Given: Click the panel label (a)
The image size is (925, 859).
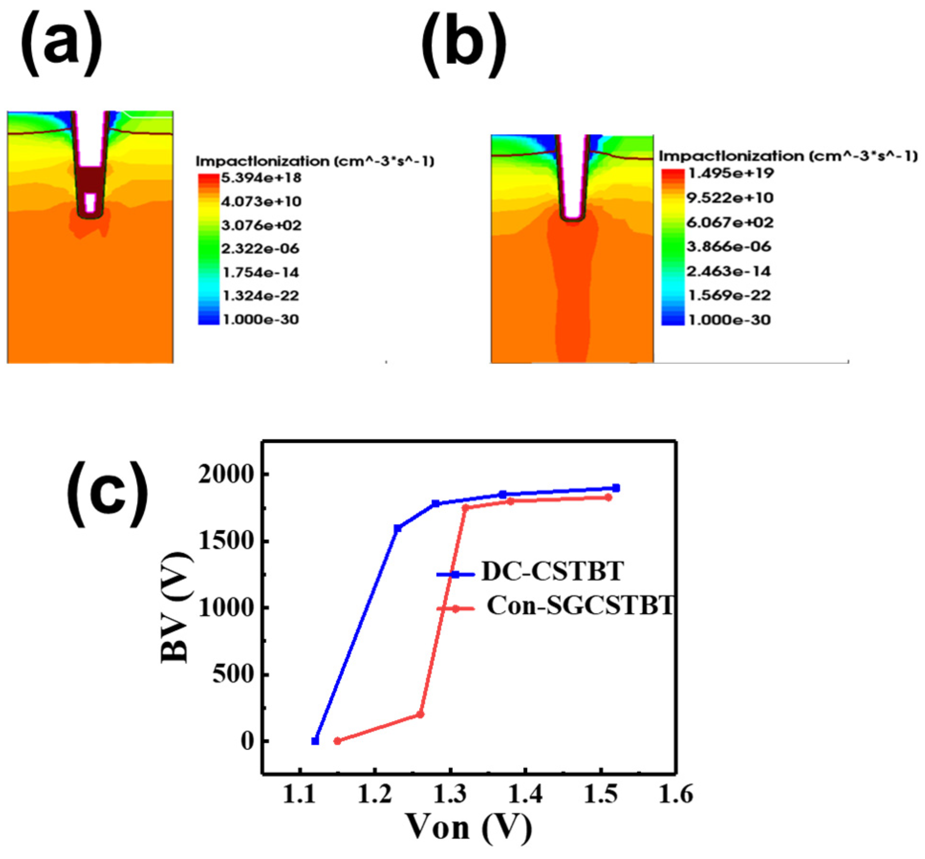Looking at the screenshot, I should pyautogui.click(x=61, y=45).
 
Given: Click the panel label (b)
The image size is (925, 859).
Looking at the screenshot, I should pyautogui.click(x=463, y=46).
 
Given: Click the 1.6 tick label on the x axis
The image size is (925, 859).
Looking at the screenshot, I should pyautogui.click(x=675, y=795).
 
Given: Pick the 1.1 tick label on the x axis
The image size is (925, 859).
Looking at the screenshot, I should pyautogui.click(x=300, y=795).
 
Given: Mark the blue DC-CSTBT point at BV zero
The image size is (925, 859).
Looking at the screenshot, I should pyautogui.click(x=315, y=741).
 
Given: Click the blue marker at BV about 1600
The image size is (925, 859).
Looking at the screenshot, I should pyautogui.click(x=398, y=528).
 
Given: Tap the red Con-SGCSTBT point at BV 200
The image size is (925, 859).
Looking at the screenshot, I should pyautogui.click(x=420, y=714).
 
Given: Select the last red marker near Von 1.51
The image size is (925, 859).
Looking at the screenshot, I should pyautogui.click(x=608, y=497).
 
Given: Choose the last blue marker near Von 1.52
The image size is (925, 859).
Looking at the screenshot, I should pyautogui.click(x=616, y=488).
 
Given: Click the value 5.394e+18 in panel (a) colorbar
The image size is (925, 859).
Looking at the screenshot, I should pyautogui.click(x=261, y=178).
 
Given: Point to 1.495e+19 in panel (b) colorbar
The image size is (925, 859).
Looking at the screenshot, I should pyautogui.click(x=730, y=173).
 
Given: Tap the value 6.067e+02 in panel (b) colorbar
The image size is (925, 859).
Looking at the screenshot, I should pyautogui.click(x=730, y=222).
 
